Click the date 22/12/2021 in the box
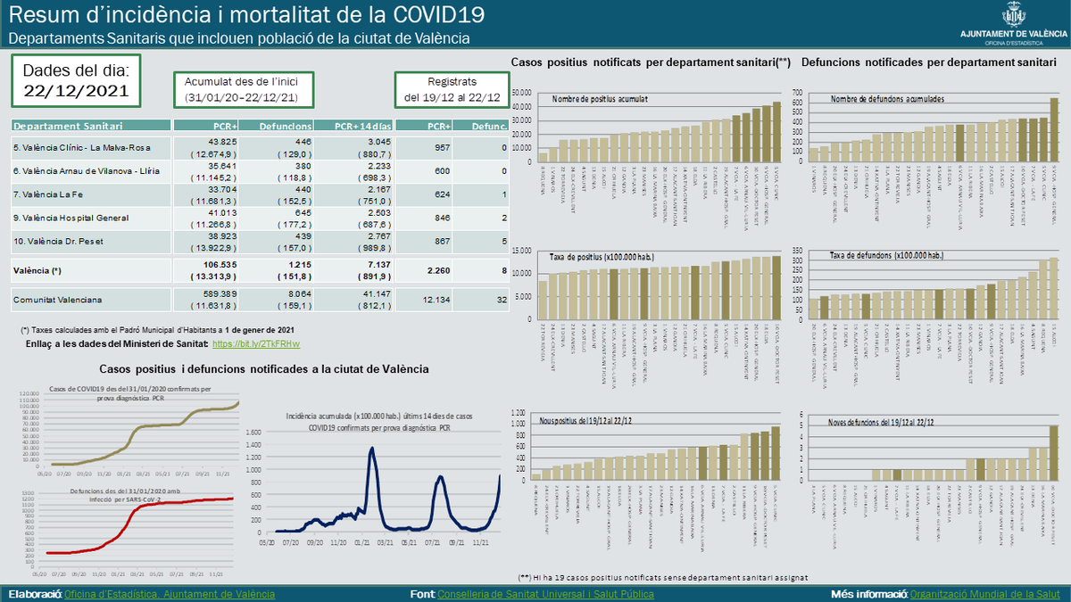click(x=76, y=90)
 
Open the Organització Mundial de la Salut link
click(x=986, y=593)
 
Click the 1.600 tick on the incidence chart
click(x=251, y=433)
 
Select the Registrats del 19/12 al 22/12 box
click(x=451, y=89)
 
